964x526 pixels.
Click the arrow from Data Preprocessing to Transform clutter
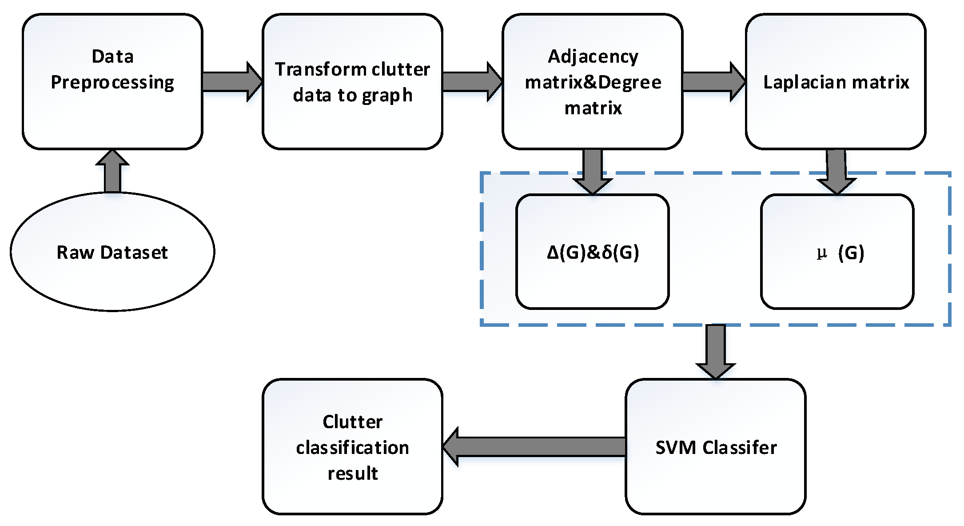[231, 82]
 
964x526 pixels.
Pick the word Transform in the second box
[320, 69]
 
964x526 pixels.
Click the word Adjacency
[593, 57]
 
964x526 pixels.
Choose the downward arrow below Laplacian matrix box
[836, 171]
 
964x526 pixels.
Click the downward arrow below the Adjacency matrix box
[593, 171]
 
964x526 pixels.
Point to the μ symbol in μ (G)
[821, 253]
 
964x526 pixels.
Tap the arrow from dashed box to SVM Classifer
[715, 351]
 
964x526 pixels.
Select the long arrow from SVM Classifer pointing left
[533, 446]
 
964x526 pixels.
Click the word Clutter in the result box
[352, 422]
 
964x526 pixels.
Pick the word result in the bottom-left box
[352, 474]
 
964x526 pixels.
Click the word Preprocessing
[112, 83]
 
